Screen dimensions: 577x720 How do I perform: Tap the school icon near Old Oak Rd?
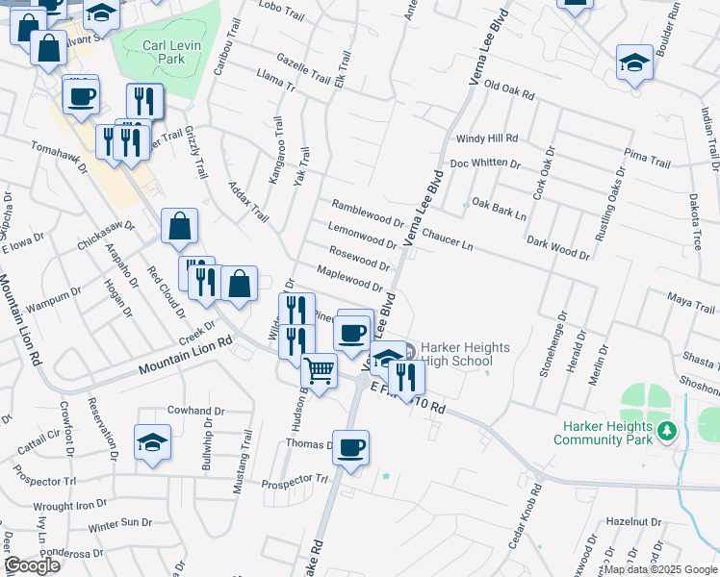pos(634,63)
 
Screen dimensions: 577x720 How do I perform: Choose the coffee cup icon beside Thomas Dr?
pos(351,447)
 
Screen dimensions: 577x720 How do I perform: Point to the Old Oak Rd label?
pos(509,89)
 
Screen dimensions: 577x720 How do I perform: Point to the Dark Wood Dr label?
pos(557,248)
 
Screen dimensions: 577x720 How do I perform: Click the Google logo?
pos(32,565)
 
